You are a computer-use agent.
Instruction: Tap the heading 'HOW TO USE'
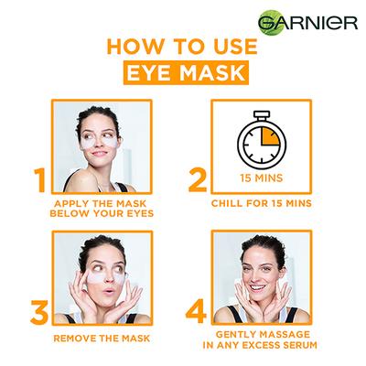point(183,48)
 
